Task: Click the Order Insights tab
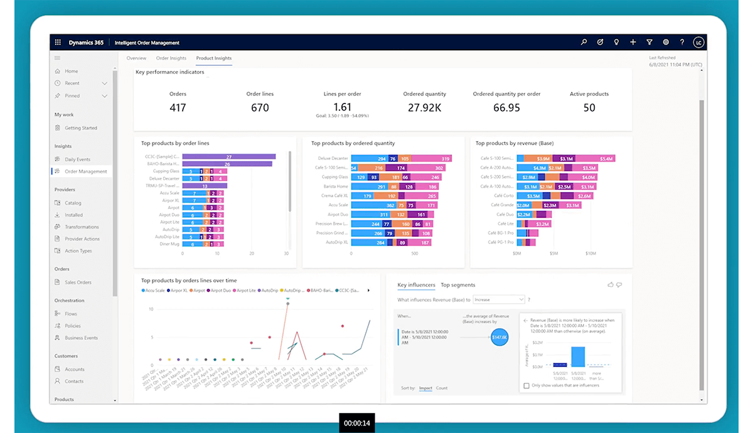[x=171, y=58]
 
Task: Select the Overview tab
[x=136, y=58]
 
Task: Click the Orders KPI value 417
[x=178, y=108]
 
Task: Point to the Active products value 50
[x=589, y=108]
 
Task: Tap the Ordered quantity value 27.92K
[x=424, y=108]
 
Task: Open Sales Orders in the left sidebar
[x=78, y=282]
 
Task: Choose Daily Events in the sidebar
[x=77, y=159]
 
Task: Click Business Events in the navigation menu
[x=81, y=338]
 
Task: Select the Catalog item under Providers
[x=73, y=203]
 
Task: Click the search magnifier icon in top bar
[x=584, y=43]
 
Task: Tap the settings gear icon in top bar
[x=666, y=43]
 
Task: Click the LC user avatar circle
[x=698, y=43]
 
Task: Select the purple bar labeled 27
[x=229, y=157]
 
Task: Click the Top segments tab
[x=457, y=285]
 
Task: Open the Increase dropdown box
[x=498, y=300]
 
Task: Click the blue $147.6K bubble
[x=499, y=338]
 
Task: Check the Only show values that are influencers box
[x=526, y=385]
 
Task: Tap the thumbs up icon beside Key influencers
[x=611, y=285]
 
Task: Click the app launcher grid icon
[x=58, y=43]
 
